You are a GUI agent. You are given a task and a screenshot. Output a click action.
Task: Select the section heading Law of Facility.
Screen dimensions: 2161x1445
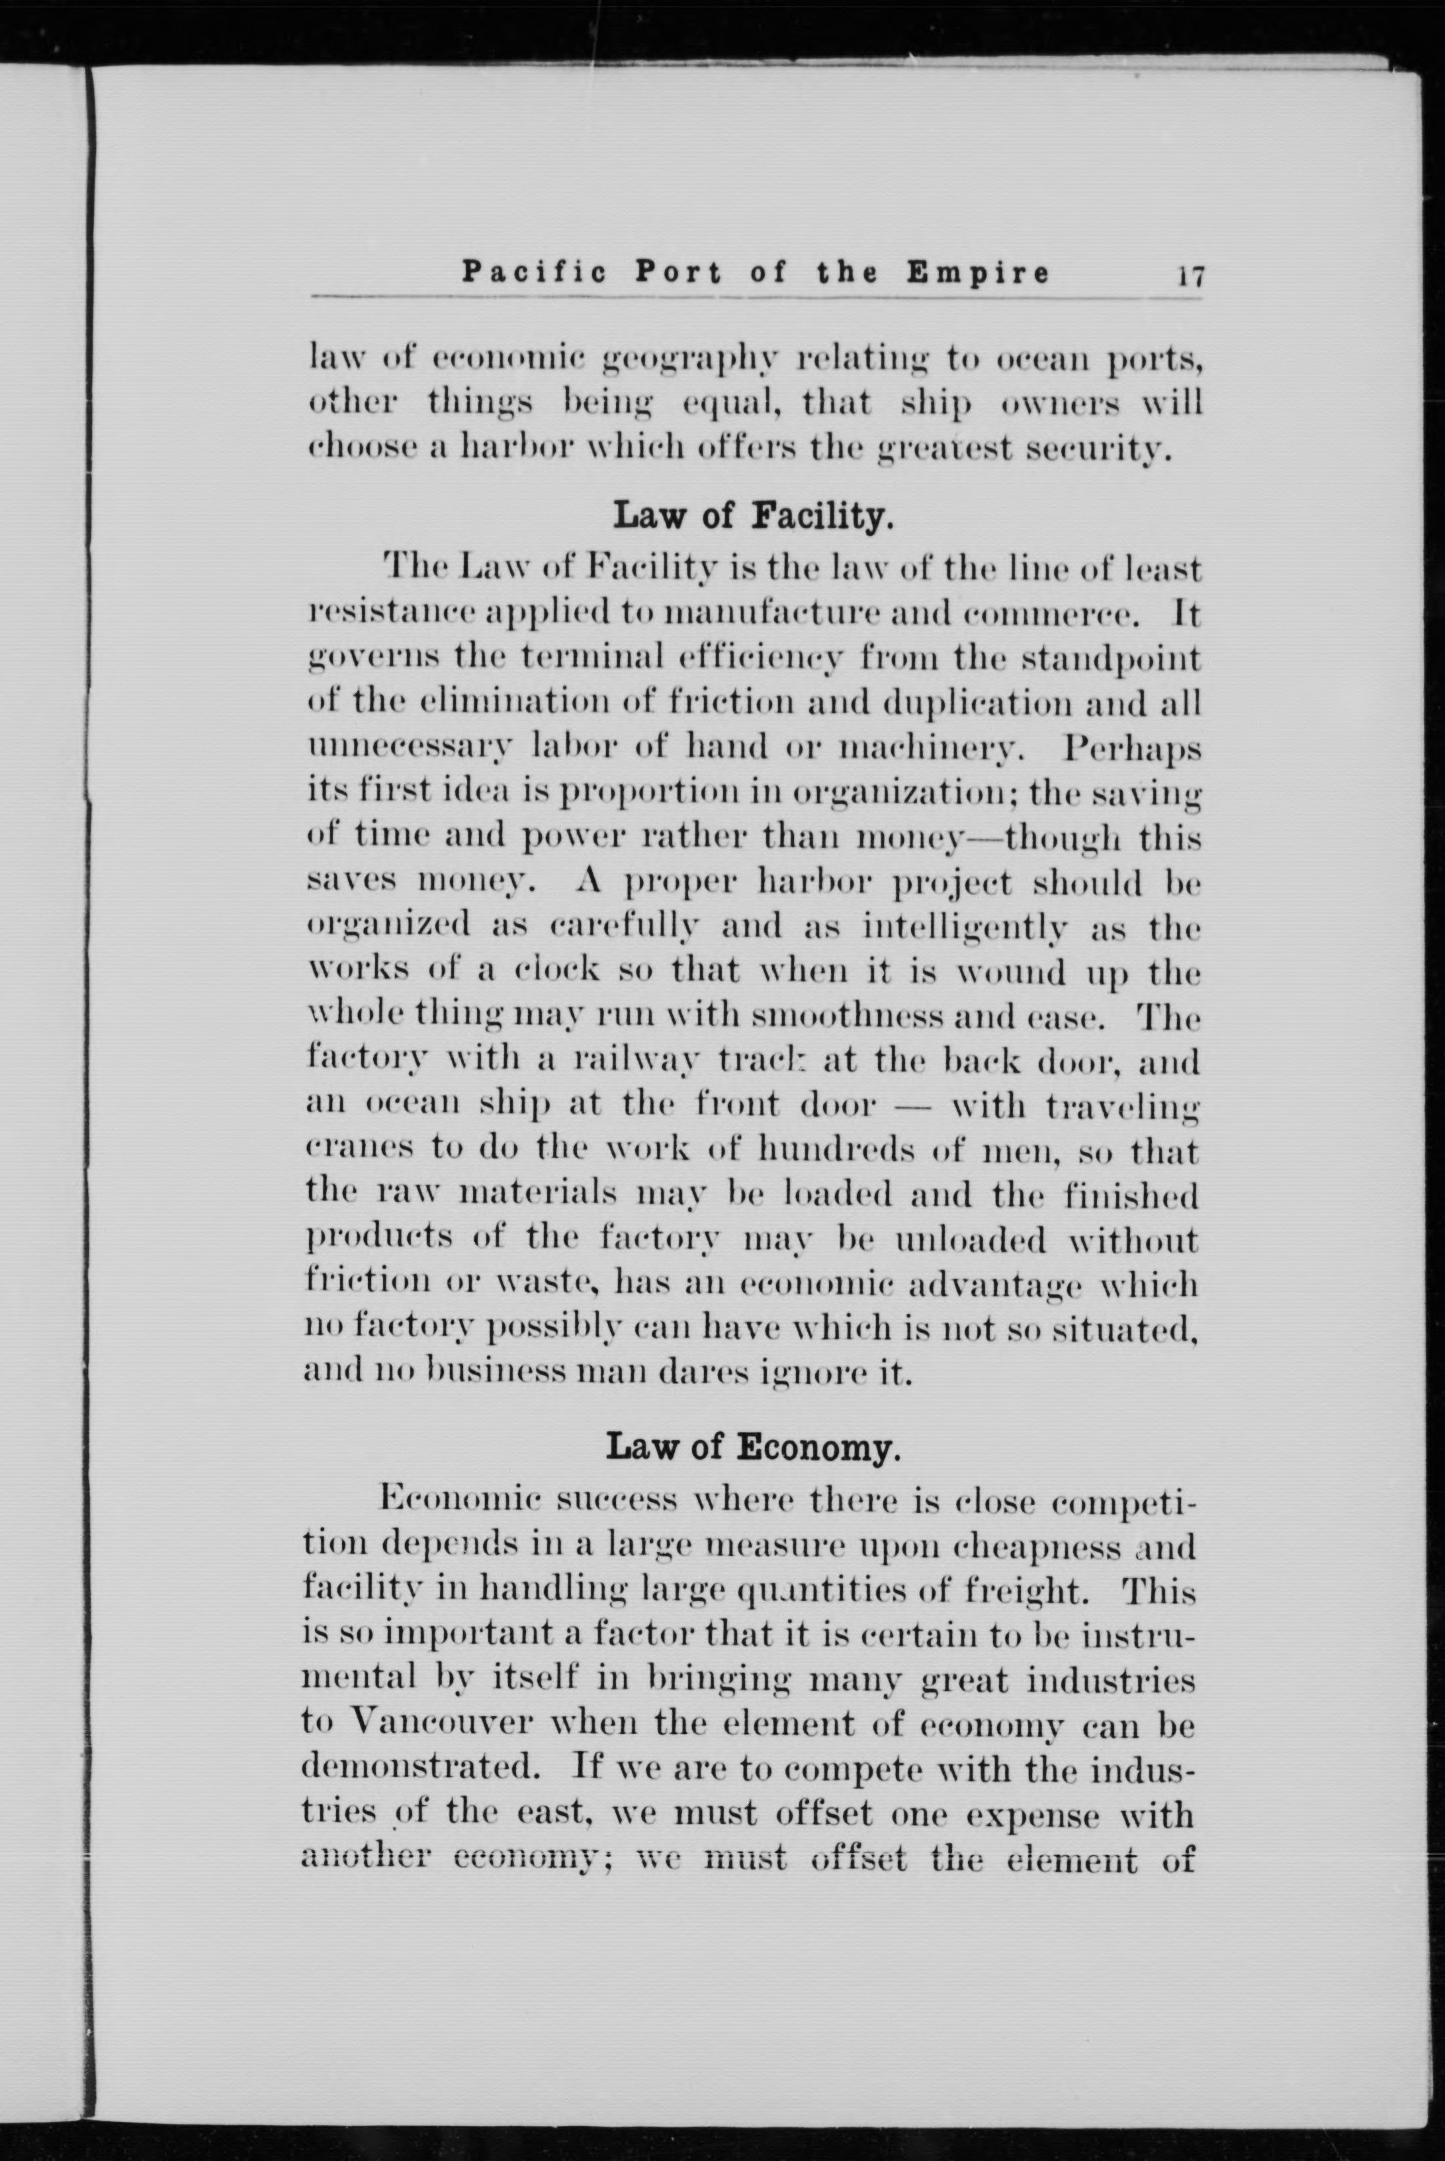tap(753, 516)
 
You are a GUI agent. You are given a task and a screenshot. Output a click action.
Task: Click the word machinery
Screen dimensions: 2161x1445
tap(930, 749)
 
